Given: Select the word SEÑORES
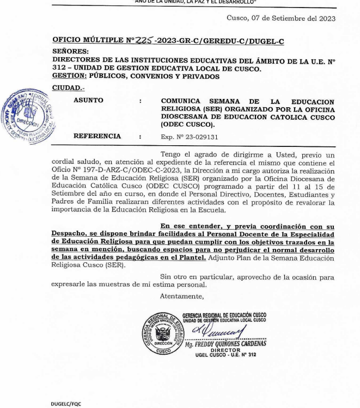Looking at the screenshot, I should point(70,50).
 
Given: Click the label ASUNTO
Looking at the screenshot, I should point(88,100).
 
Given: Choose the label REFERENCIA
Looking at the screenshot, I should point(97,136).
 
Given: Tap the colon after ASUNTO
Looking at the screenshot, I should point(141,101).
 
